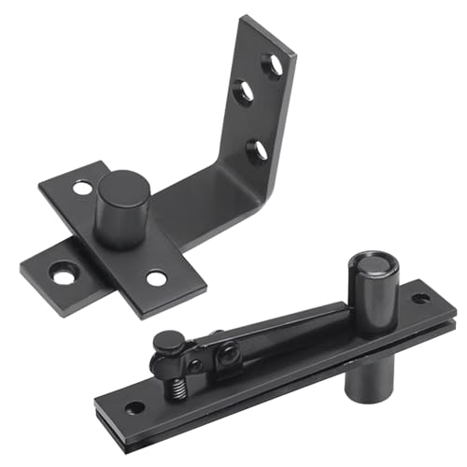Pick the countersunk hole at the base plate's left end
pyautogui.click(x=64, y=276)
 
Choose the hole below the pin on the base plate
pyautogui.click(x=156, y=277)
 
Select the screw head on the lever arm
pyautogui.click(x=225, y=353)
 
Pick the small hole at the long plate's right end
pyautogui.click(x=421, y=300)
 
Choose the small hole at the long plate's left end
pyautogui.click(x=134, y=408)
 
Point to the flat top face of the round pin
pyautogui.click(x=120, y=182)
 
